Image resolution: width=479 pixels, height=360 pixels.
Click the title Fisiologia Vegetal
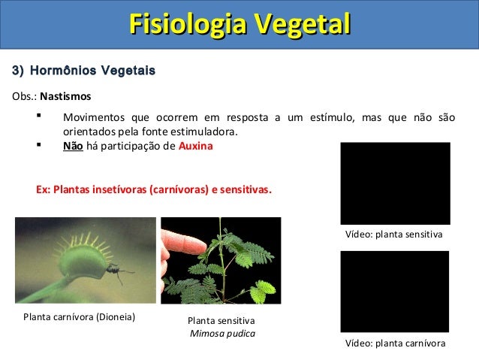[x=239, y=23]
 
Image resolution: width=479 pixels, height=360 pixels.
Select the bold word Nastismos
[x=65, y=97]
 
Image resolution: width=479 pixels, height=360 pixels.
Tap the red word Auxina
[x=196, y=147]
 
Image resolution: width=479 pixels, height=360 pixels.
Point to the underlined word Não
[x=72, y=147]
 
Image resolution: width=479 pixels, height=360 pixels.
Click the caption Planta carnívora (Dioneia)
[x=80, y=316]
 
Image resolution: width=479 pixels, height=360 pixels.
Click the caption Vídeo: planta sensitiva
[x=394, y=235]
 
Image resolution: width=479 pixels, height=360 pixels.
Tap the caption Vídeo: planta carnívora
[x=394, y=343]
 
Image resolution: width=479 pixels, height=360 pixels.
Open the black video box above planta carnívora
[x=394, y=291]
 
